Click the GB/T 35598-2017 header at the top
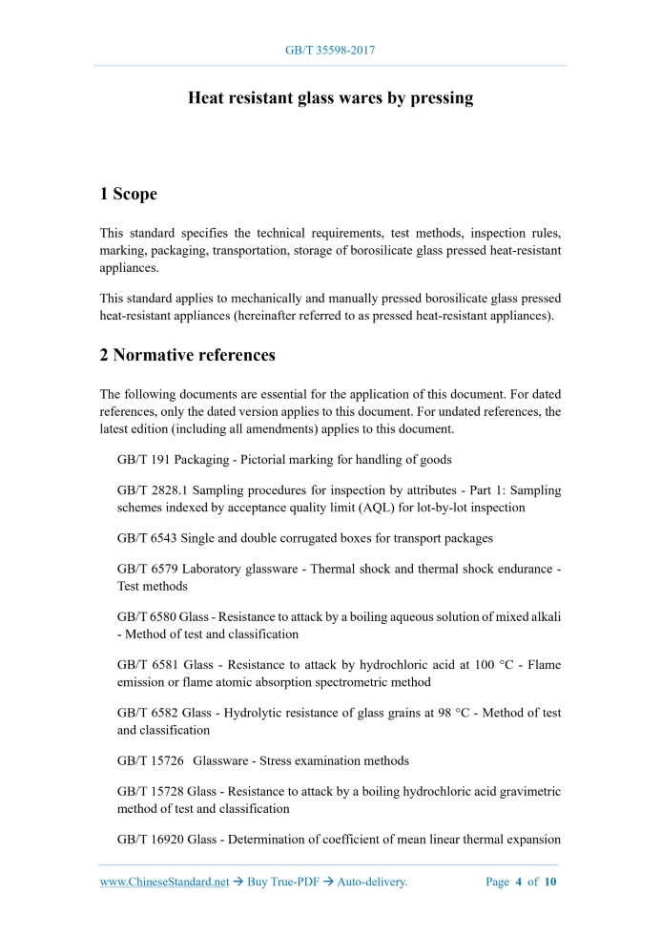(x=330, y=50)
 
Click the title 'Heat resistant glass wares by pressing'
(x=330, y=98)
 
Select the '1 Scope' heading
(x=129, y=195)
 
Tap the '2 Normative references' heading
(x=188, y=356)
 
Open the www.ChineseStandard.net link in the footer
(x=165, y=883)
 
